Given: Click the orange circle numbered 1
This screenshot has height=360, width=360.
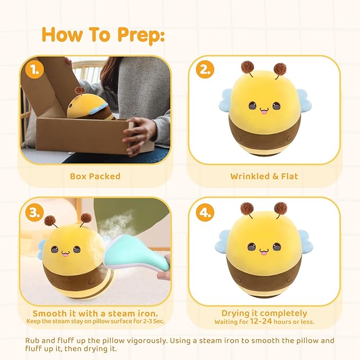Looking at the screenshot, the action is (x=34, y=69).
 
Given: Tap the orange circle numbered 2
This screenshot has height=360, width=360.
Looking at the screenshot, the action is (x=205, y=69).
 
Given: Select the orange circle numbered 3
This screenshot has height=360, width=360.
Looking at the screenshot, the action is (x=34, y=213).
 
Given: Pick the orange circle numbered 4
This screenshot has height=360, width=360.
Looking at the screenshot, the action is (x=205, y=213).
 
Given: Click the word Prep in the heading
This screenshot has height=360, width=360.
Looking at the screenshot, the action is (x=141, y=35).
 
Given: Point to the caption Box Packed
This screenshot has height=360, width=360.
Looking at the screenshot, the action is (x=95, y=176).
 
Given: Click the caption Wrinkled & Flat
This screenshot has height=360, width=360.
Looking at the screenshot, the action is (x=264, y=176).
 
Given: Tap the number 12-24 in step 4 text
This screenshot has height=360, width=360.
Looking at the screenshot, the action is (x=261, y=321).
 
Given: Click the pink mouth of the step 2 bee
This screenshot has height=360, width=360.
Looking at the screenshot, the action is (x=264, y=111).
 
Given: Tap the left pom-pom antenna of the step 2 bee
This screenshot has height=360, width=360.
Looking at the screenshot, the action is (x=247, y=67).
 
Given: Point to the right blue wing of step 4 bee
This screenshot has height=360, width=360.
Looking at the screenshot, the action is (x=305, y=241).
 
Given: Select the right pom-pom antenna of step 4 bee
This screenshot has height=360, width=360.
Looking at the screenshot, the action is (x=280, y=208).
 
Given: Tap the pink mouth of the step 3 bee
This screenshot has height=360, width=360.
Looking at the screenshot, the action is (x=65, y=254).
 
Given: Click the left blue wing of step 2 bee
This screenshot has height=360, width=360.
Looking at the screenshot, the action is (x=226, y=100).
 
